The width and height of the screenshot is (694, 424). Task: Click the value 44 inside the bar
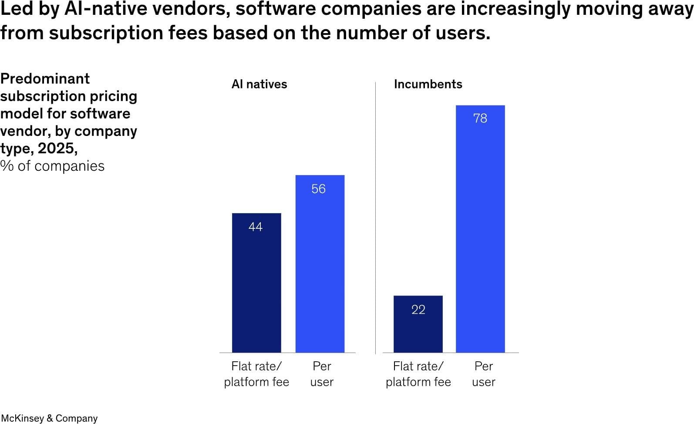pyautogui.click(x=256, y=227)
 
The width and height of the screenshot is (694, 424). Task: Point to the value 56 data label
pyautogui.click(x=319, y=189)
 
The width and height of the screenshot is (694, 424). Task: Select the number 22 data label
pyautogui.click(x=418, y=309)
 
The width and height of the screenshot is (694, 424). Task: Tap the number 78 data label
pyautogui.click(x=480, y=119)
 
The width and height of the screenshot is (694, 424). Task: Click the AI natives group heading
pyautogui.click(x=259, y=84)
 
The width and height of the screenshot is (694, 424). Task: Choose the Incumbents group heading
pyautogui.click(x=428, y=84)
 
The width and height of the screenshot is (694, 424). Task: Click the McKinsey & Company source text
pyautogui.click(x=49, y=418)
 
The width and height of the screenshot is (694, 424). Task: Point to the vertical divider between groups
pyautogui.click(x=375, y=218)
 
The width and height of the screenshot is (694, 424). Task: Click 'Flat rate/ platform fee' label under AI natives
pyautogui.click(x=256, y=374)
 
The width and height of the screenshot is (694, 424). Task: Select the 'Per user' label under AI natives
pyautogui.click(x=322, y=374)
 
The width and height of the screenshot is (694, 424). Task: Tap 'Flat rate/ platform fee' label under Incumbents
pyautogui.click(x=418, y=374)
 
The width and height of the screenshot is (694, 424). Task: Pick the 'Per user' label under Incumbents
pyautogui.click(x=484, y=374)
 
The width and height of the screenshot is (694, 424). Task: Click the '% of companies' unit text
pyautogui.click(x=53, y=166)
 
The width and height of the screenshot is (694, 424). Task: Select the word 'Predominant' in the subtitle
pyautogui.click(x=45, y=78)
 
